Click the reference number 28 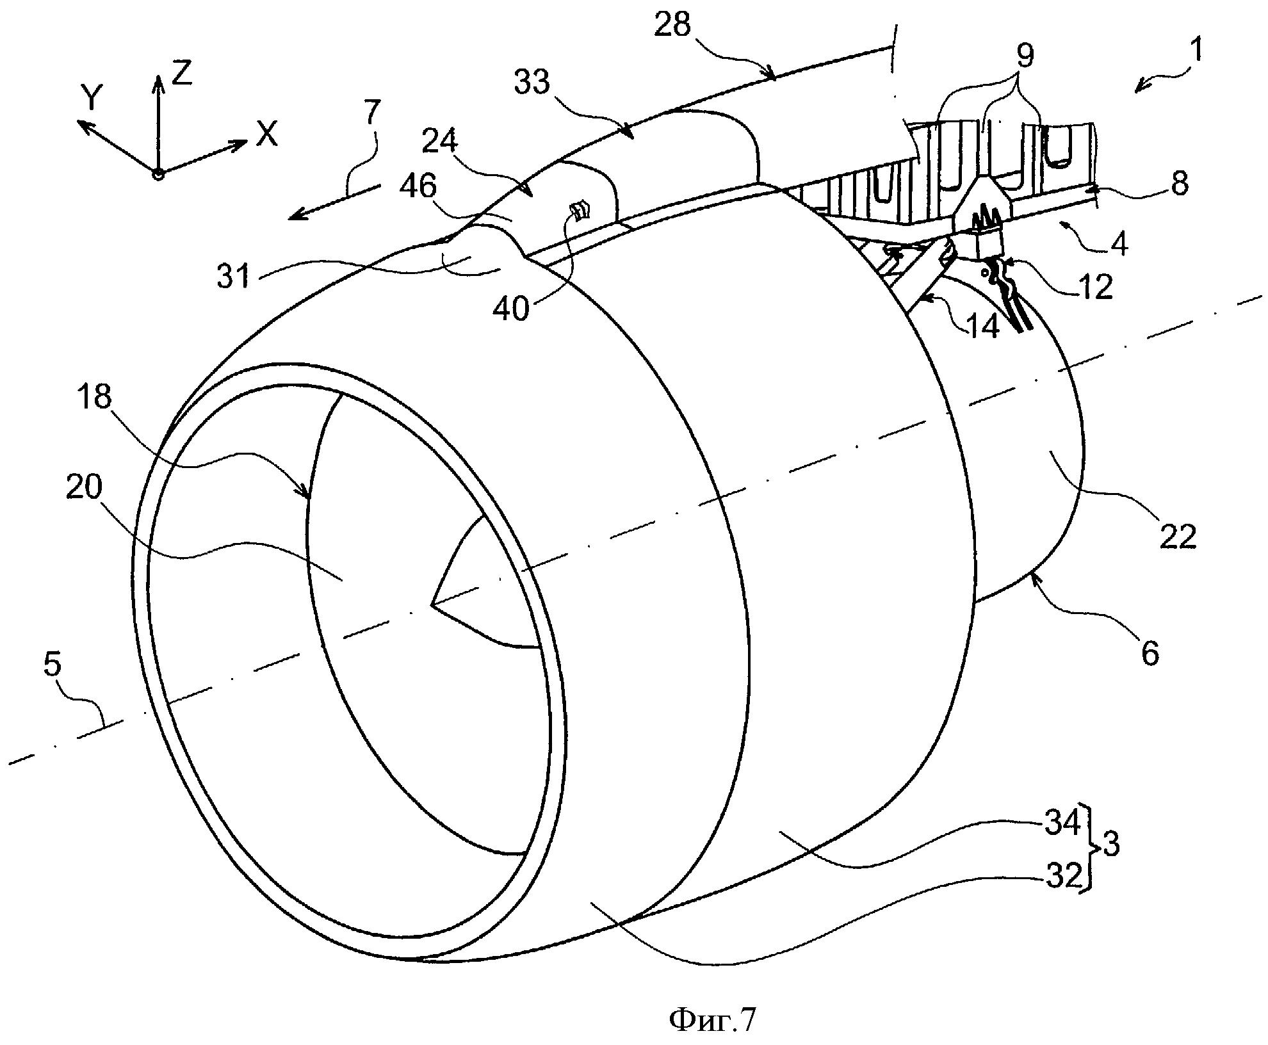pyautogui.click(x=674, y=26)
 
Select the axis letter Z pyautogui.click(x=183, y=74)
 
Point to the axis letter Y pyautogui.click(x=92, y=99)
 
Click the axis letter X pyautogui.click(x=266, y=135)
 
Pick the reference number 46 pyautogui.click(x=417, y=187)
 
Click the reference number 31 pyautogui.click(x=233, y=277)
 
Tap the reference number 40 pyautogui.click(x=512, y=309)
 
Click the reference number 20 pyautogui.click(x=84, y=489)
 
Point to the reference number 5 pyautogui.click(x=52, y=665)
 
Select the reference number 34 pyautogui.click(x=1062, y=823)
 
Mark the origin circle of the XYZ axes pyautogui.click(x=158, y=174)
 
